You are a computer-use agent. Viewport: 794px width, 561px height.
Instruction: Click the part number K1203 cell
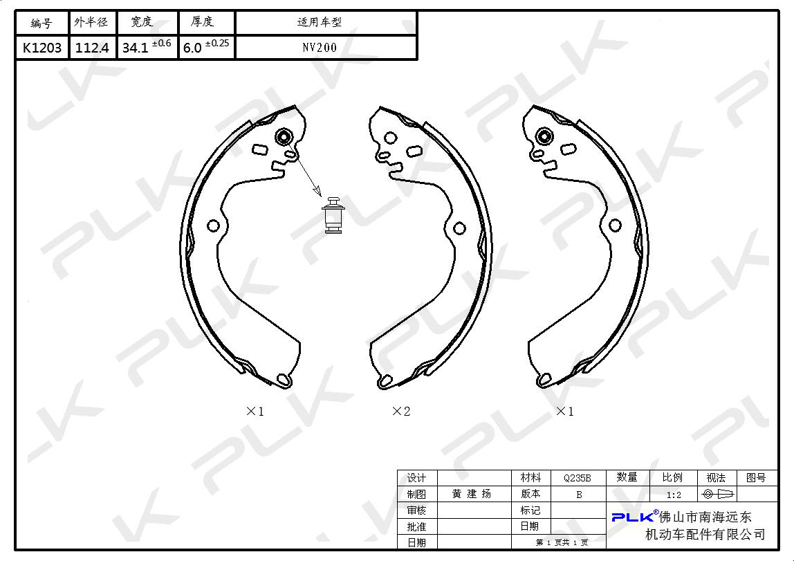pos(42,48)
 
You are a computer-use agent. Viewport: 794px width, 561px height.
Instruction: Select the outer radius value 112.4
pos(92,48)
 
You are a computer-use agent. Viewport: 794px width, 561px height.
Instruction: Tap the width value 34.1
pos(135,48)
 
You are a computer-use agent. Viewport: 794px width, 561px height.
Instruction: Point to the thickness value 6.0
pos(192,48)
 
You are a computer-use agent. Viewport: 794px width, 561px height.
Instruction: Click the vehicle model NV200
pos(320,48)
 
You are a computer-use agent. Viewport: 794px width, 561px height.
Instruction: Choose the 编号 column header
pos(41,23)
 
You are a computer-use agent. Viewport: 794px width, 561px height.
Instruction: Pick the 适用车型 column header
pos(320,21)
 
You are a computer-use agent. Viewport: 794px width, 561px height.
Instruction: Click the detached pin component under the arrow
pos(333,215)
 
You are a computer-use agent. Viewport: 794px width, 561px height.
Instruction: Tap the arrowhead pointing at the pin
pos(317,190)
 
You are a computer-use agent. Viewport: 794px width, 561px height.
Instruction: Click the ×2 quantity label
pos(401,411)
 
